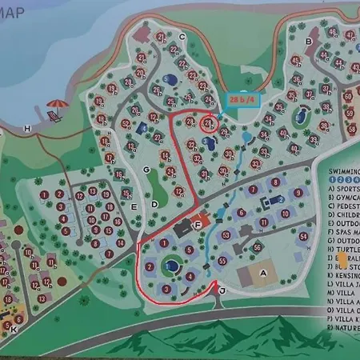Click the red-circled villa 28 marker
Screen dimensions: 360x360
point(207,124)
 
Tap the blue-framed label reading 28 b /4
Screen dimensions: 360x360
point(242,98)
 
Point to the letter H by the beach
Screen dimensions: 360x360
point(28,129)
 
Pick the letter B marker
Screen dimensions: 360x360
point(308,41)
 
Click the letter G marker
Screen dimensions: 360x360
point(146,169)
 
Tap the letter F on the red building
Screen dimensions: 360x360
point(198,225)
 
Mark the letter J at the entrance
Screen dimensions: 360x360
point(222,292)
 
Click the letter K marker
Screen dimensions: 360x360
point(14,328)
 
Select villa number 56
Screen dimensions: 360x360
point(257,248)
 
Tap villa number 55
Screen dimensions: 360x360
point(222,260)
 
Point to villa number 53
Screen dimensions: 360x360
point(226,235)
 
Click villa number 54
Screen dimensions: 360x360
point(303,237)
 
